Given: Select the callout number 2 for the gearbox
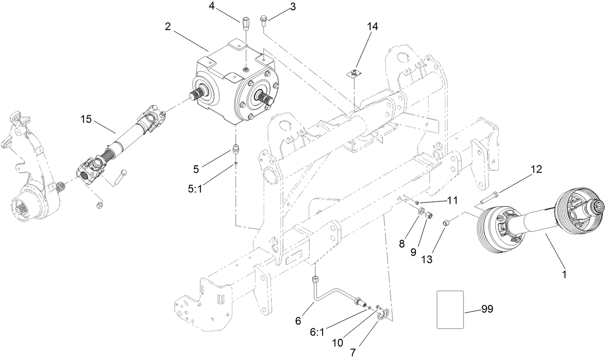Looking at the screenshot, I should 168,27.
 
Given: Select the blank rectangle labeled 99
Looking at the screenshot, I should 450,310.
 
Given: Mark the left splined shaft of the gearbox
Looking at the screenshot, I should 200,95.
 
